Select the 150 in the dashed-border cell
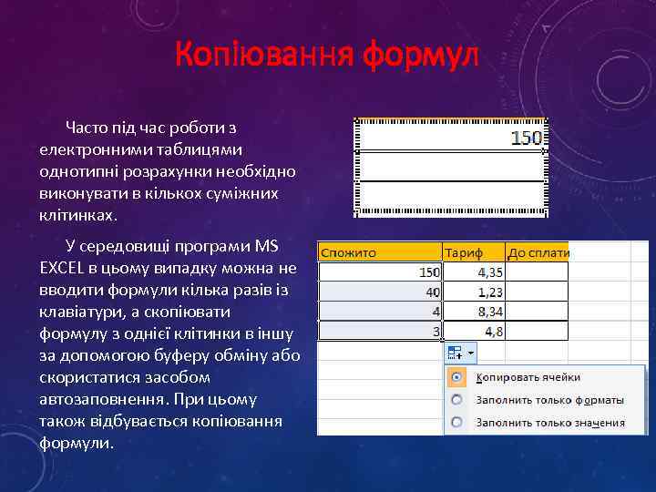[527, 138]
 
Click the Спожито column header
[349, 252]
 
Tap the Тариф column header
[464, 252]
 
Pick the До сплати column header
[538, 252]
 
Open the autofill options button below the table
[462, 352]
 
